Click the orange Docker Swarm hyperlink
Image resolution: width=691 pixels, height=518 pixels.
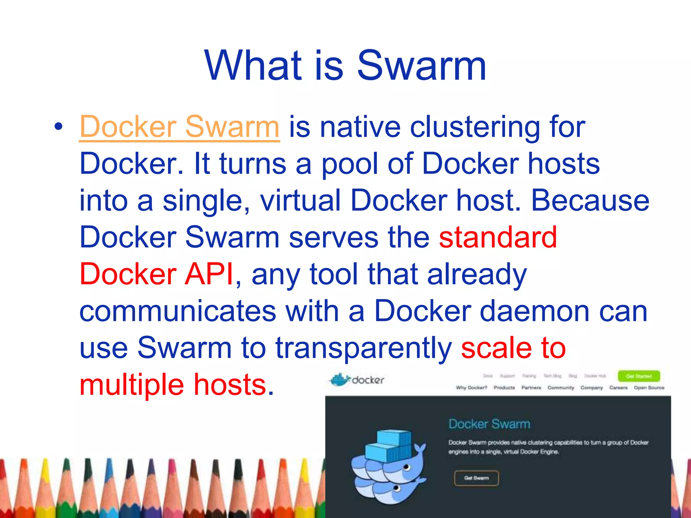click(x=179, y=127)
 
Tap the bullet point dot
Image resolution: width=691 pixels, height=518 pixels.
click(x=58, y=127)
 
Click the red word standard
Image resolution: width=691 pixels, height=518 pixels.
click(x=498, y=237)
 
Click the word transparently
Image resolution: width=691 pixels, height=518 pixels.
click(x=363, y=348)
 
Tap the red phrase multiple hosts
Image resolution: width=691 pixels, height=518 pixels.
click(x=173, y=385)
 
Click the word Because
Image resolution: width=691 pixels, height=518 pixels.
click(x=590, y=200)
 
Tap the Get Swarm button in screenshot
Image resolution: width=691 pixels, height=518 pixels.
click(x=476, y=478)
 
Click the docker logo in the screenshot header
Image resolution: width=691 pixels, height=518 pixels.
click(x=357, y=380)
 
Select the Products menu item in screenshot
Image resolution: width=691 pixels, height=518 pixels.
click(x=504, y=387)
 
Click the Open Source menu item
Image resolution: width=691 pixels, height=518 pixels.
click(x=649, y=387)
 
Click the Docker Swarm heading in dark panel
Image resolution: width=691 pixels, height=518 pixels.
click(x=489, y=424)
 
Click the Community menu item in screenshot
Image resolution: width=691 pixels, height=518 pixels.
click(x=560, y=387)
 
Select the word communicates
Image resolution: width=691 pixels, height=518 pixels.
click(x=178, y=311)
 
